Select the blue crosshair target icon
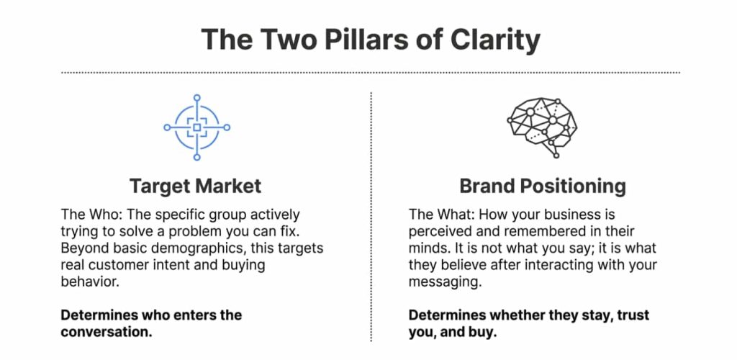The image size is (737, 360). tap(196, 127)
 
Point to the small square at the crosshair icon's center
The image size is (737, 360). tap(196, 127)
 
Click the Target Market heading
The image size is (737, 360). tap(196, 186)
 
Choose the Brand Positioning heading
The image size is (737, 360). tap(543, 186)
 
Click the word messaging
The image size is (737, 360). tap(443, 282)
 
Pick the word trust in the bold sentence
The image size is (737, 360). tap(633, 315)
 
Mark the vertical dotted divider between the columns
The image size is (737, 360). tap(371, 216)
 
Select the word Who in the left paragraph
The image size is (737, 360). tap(98, 215)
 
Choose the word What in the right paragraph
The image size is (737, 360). tap(448, 215)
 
